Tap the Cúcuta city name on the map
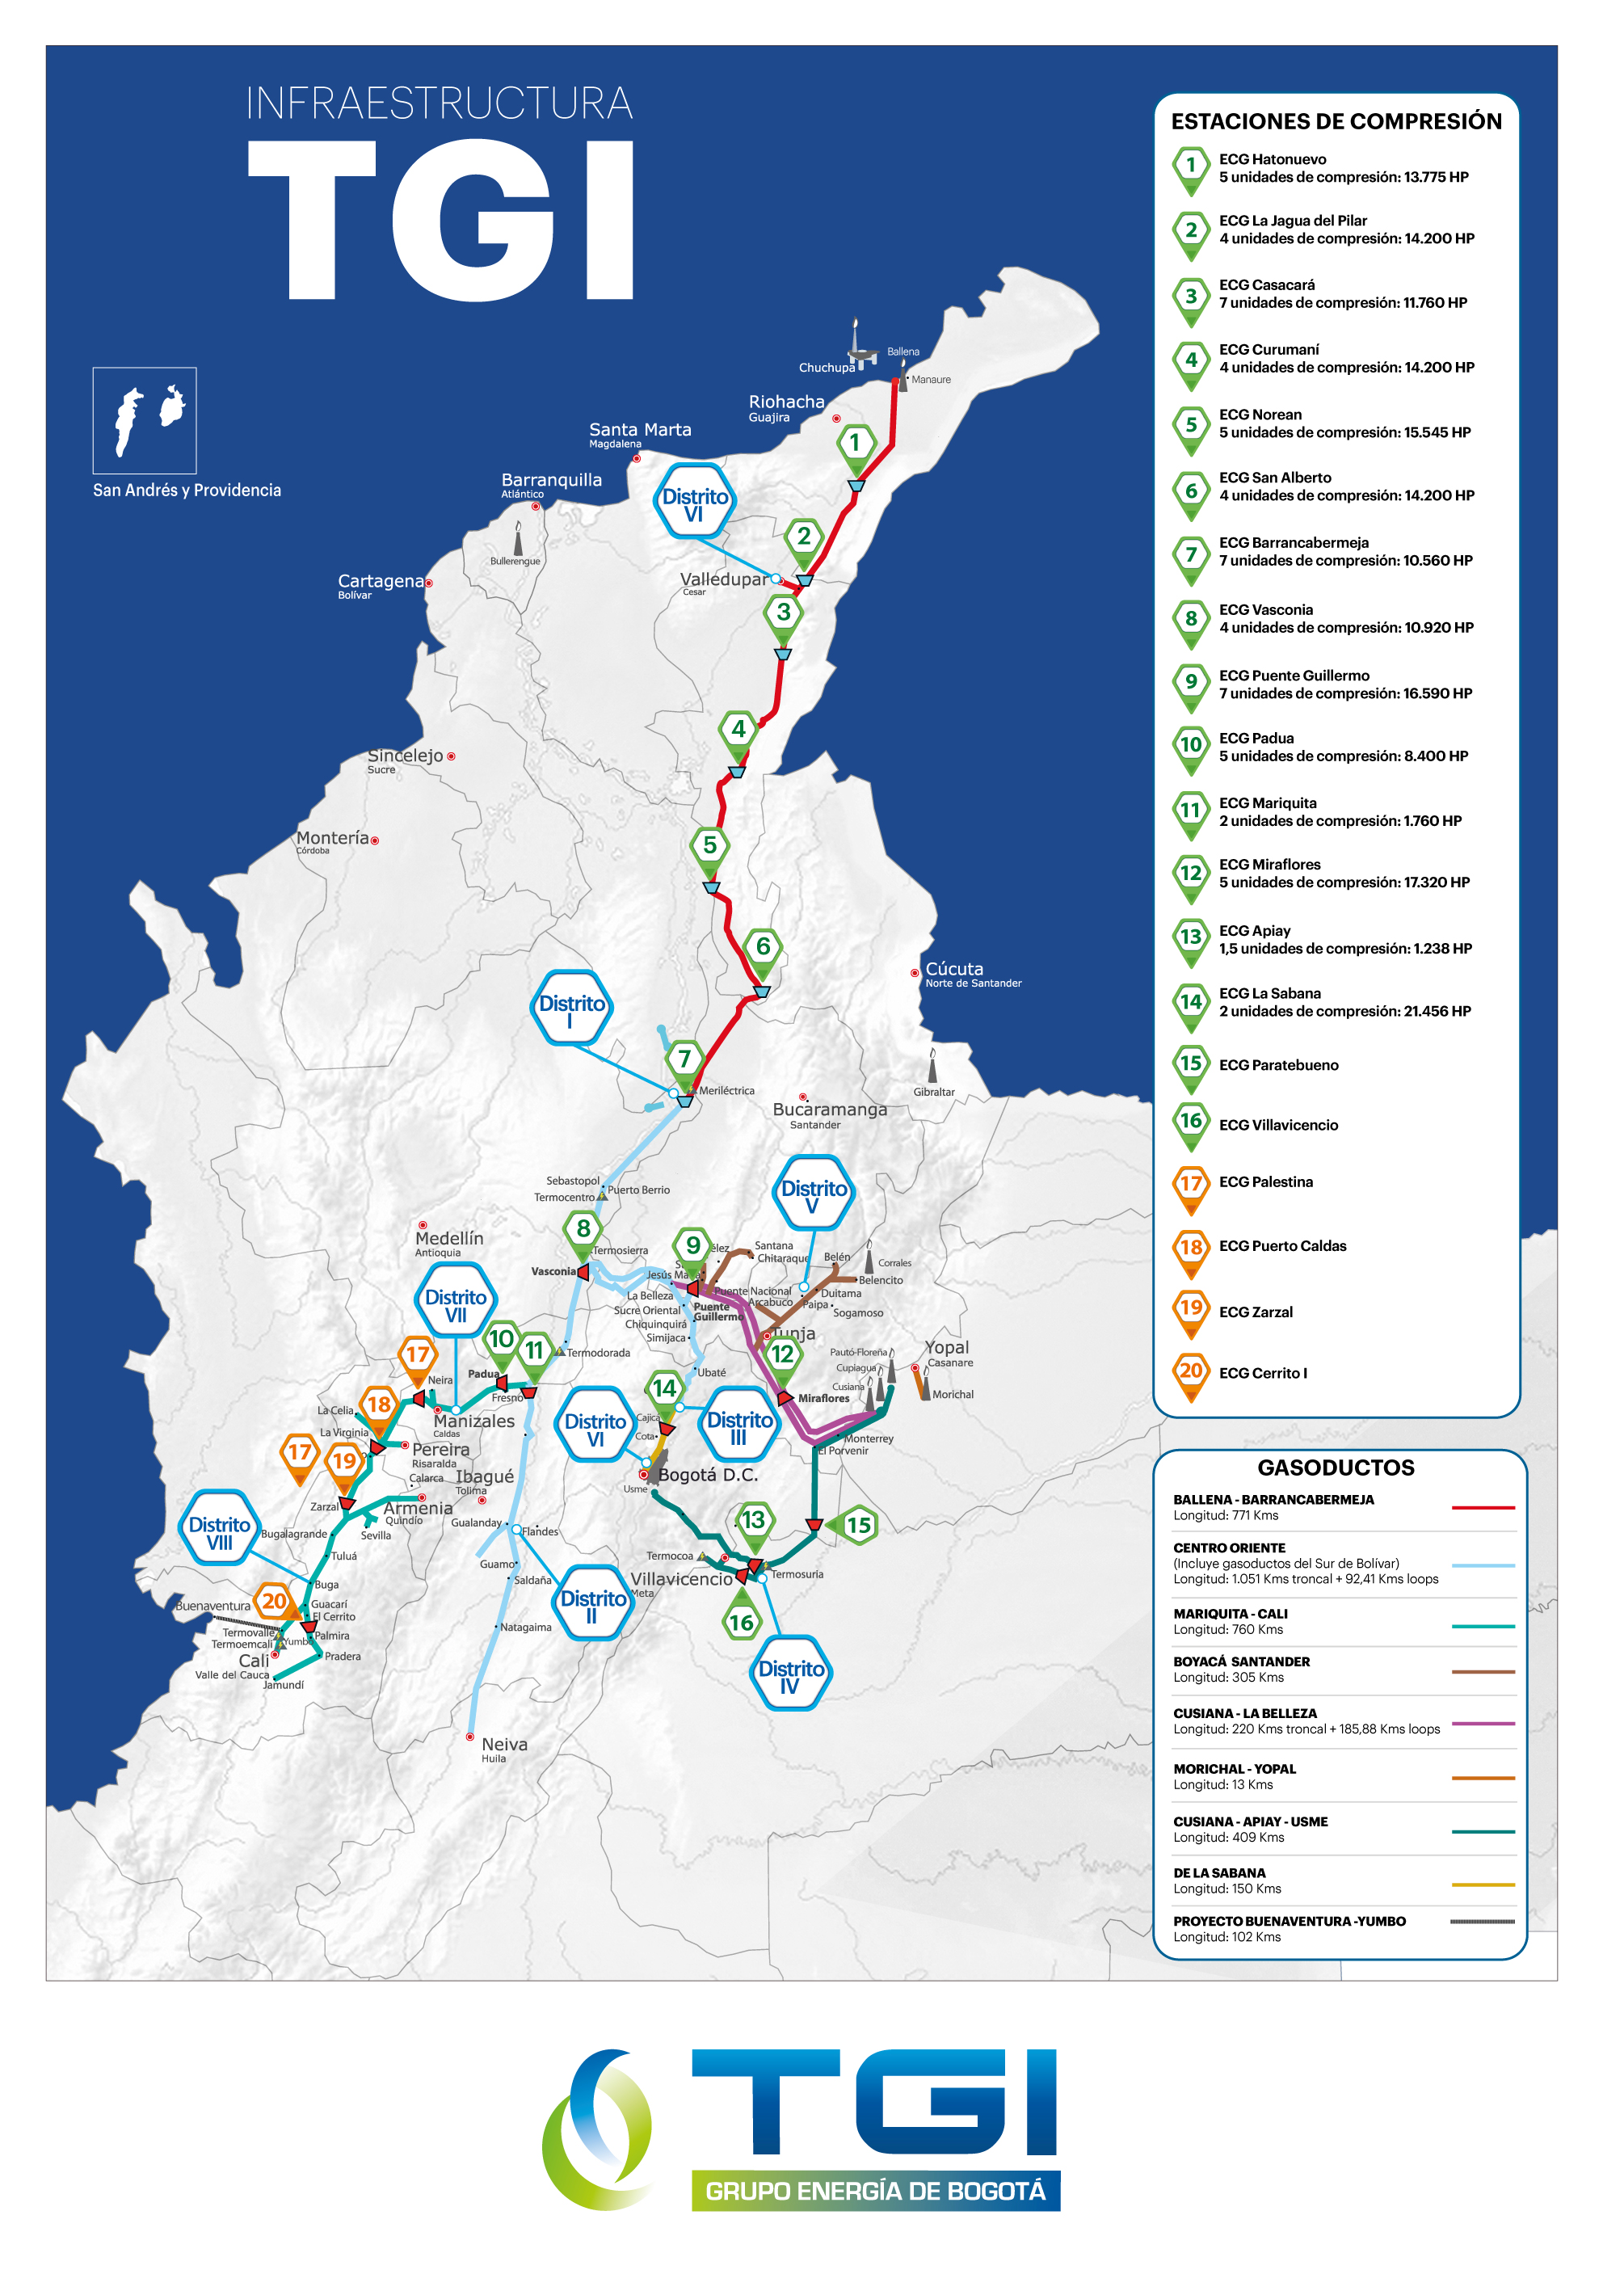point(953,969)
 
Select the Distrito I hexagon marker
point(570,1009)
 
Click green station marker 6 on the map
point(763,946)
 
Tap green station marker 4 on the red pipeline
point(738,730)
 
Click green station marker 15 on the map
point(859,1525)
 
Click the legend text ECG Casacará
point(1266,285)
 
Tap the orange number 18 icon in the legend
point(1191,1247)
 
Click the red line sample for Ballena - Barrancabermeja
point(1483,1508)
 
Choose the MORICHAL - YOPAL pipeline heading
point(1234,1768)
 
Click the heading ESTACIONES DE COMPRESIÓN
point(1336,122)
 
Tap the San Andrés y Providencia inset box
point(145,420)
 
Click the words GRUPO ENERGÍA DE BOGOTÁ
point(875,2192)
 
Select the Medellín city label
point(449,1238)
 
